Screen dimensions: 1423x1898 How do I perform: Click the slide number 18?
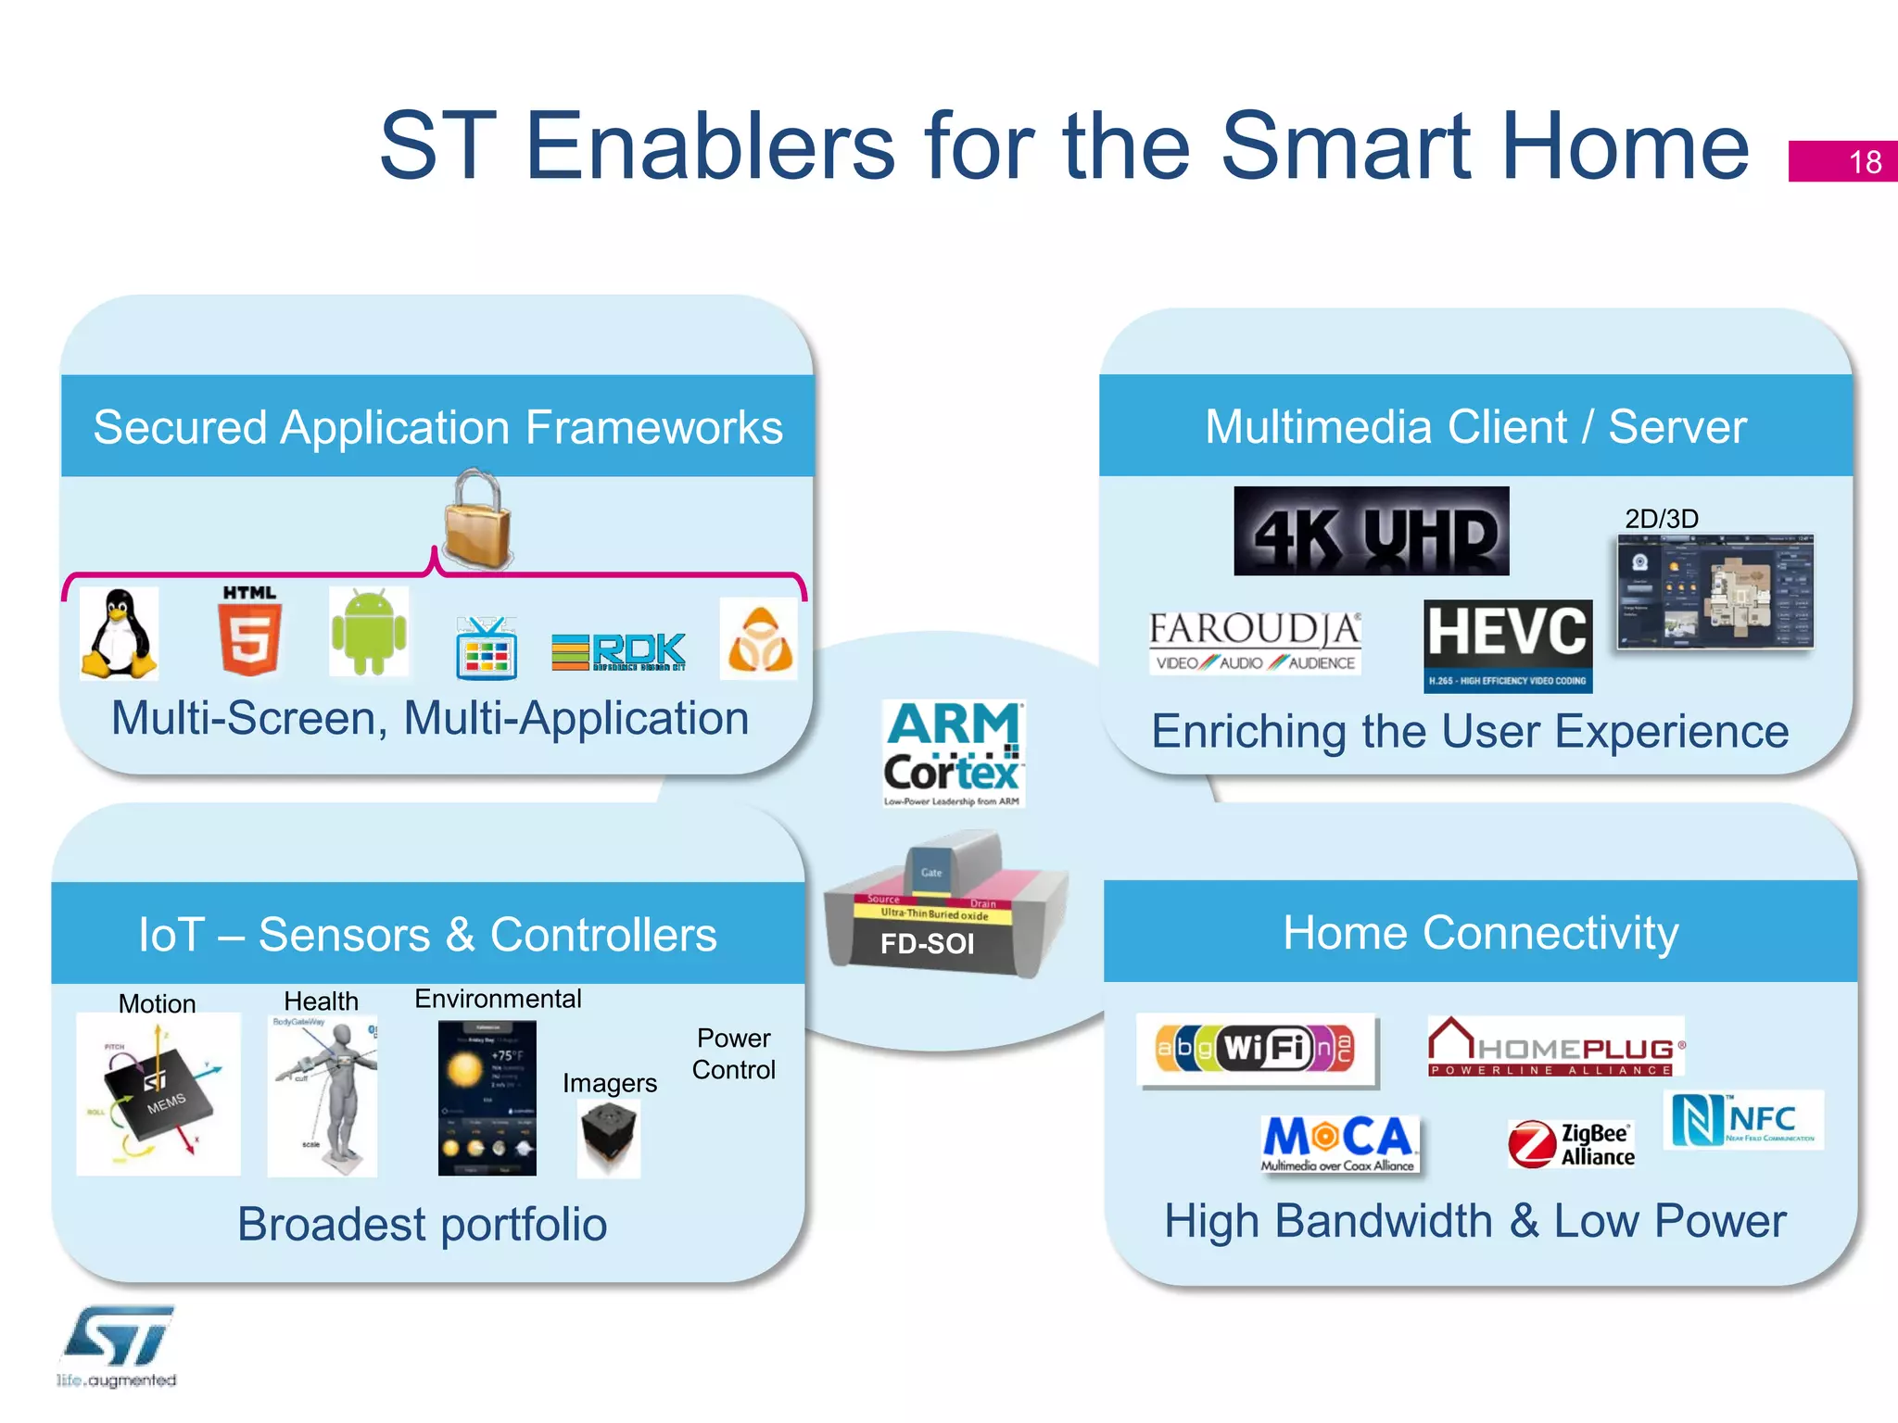pyautogui.click(x=1865, y=162)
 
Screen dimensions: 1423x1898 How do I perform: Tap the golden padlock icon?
pyautogui.click(x=477, y=522)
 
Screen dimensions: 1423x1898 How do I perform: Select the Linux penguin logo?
pyautogui.click(x=120, y=635)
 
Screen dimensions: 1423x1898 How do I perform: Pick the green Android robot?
pyautogui.click(x=369, y=631)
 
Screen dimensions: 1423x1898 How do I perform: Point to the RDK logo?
pyautogui.click(x=618, y=651)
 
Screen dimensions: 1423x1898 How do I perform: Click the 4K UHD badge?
pyautogui.click(x=1371, y=532)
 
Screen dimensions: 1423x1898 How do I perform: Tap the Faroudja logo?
pyautogui.click(x=1255, y=642)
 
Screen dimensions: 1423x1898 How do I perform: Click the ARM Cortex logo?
pyautogui.click(x=954, y=753)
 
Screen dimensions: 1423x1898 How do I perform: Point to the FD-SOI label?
pyautogui.click(x=928, y=943)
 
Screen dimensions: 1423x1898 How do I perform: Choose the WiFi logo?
pyautogui.click(x=1257, y=1050)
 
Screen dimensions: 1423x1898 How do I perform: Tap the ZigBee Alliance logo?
pyautogui.click(x=1571, y=1144)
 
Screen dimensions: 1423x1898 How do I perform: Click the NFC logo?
pyautogui.click(x=1743, y=1120)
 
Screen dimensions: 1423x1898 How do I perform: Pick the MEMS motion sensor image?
pyautogui.click(x=158, y=1094)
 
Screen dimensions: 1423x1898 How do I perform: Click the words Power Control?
pyautogui.click(x=733, y=1054)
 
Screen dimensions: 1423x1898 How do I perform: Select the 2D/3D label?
pyautogui.click(x=1661, y=519)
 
